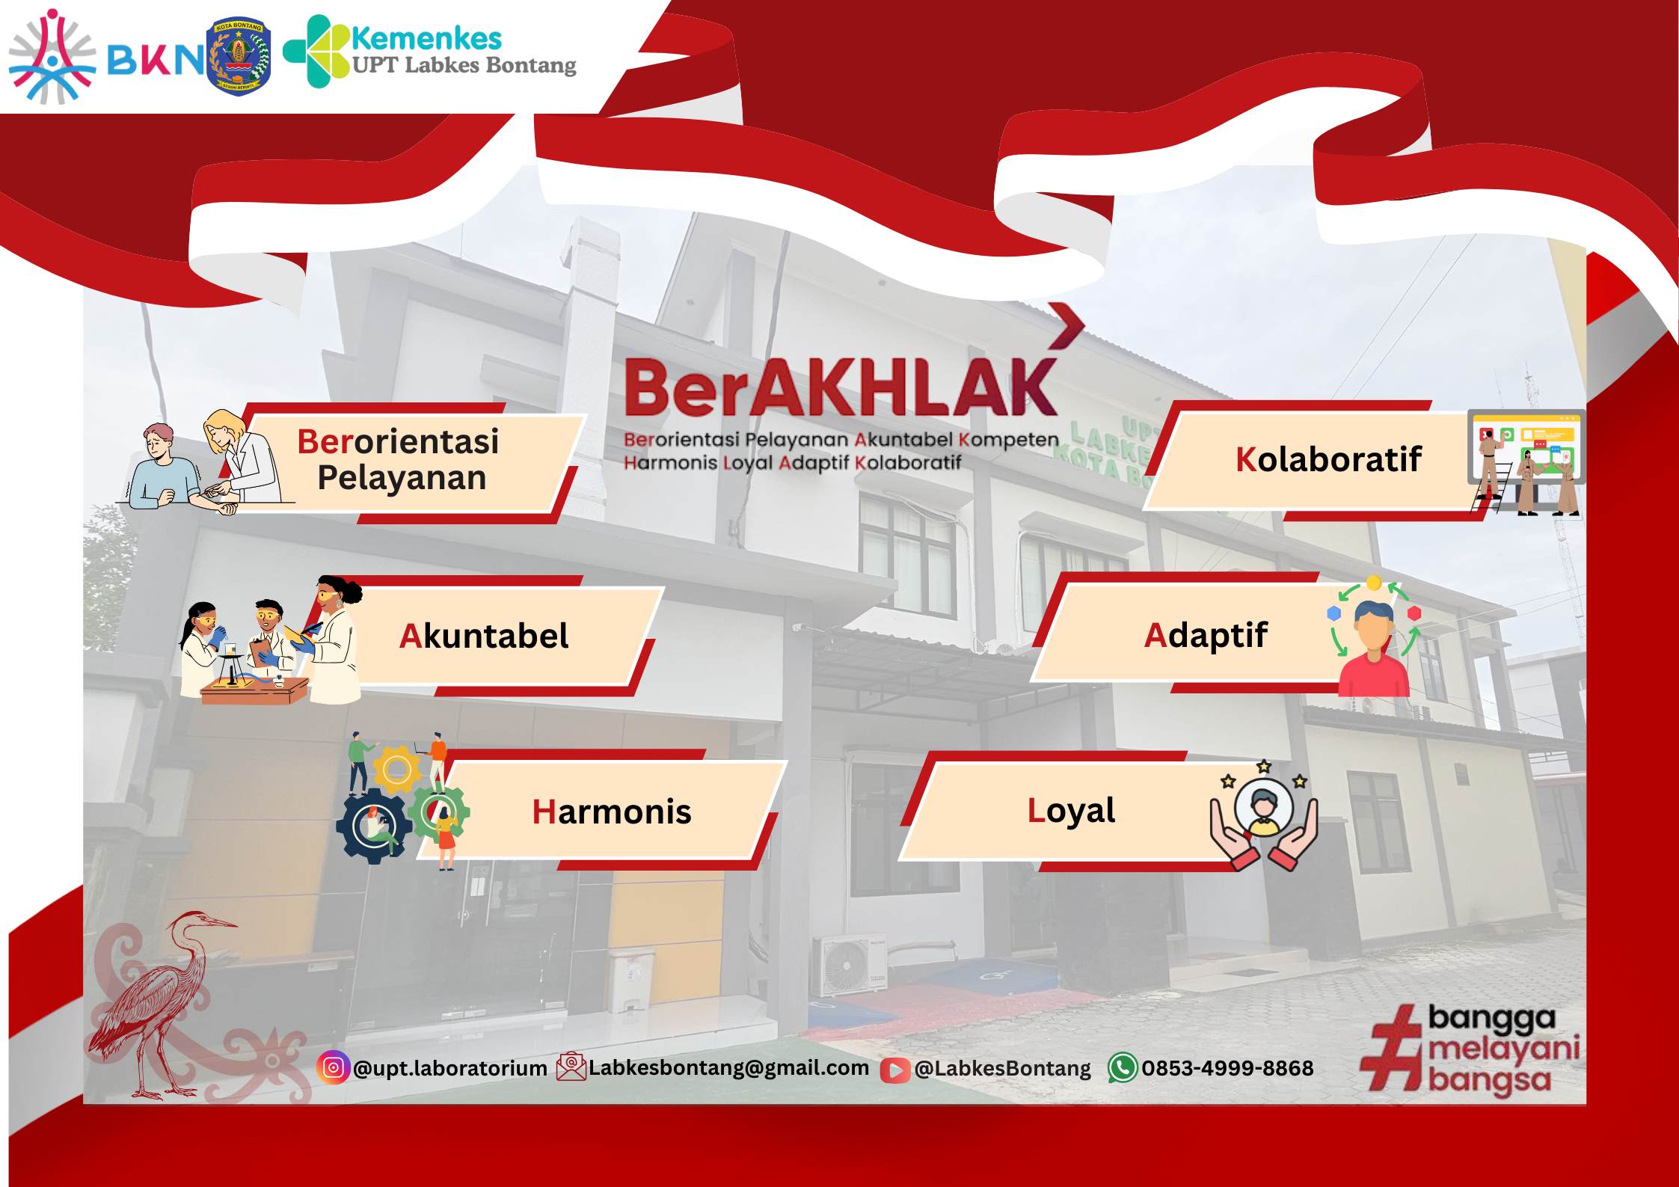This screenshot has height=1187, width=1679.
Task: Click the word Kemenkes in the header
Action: coord(426,37)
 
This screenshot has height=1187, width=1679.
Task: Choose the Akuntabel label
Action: coord(483,636)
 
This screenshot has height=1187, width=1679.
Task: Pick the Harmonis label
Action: coord(611,812)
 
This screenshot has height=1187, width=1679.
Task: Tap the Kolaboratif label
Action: coord(1327,459)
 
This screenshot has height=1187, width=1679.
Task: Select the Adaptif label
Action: coord(1205,636)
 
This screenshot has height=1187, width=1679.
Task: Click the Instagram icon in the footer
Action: coord(334,1067)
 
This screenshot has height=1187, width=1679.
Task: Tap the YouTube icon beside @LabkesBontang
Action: coord(894,1070)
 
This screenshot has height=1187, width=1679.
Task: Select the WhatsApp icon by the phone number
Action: coord(1122,1067)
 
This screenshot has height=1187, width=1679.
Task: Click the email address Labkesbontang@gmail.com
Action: coord(728,1067)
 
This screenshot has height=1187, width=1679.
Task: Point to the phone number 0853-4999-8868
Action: coord(1227,1068)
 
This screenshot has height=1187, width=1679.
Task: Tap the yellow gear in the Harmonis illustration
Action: coord(396,769)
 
